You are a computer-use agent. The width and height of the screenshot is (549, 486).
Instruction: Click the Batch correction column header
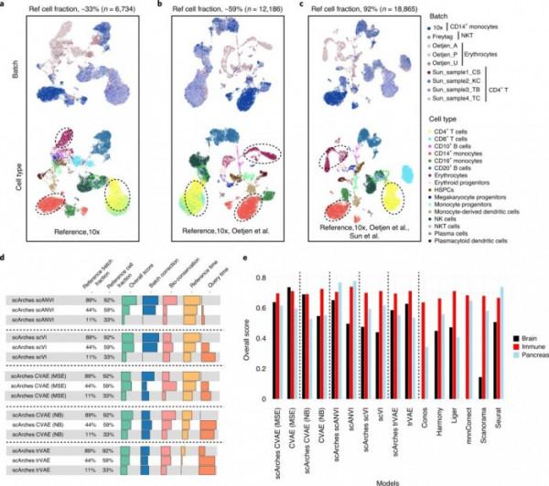click(x=152, y=285)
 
